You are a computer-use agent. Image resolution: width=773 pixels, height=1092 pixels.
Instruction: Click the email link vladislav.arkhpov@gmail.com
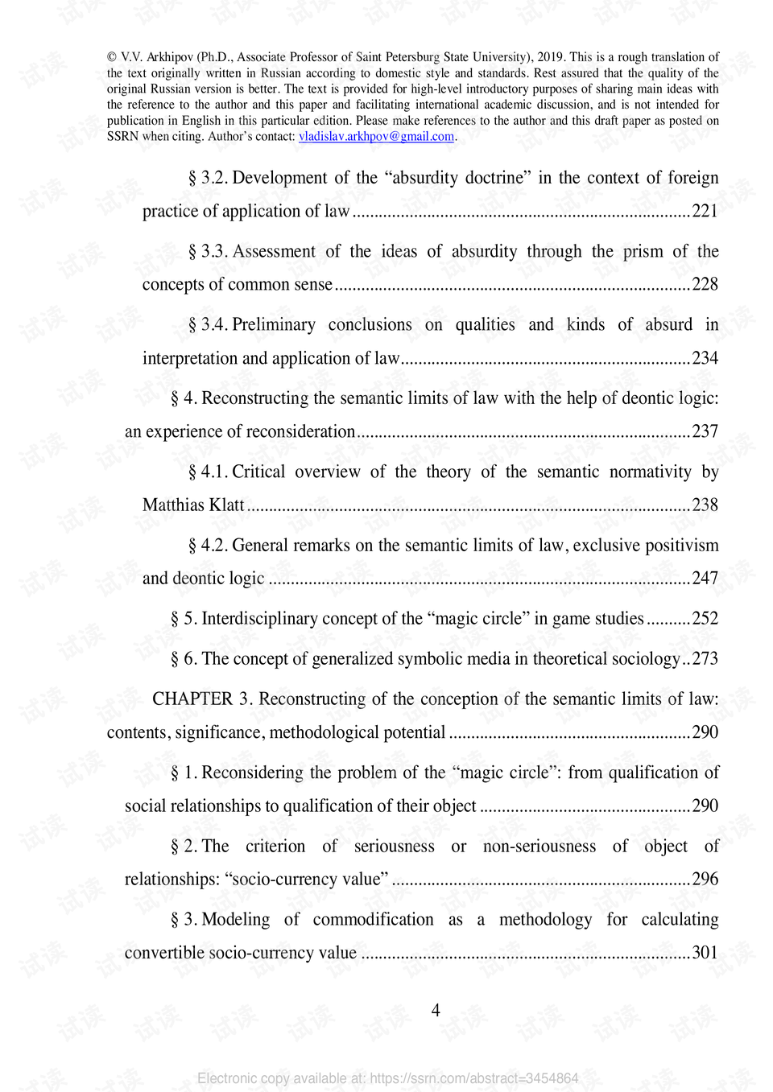pos(376,137)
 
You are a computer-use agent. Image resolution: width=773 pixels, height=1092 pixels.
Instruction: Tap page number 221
pos(705,211)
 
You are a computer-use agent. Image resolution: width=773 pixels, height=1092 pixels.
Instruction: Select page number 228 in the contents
pos(705,284)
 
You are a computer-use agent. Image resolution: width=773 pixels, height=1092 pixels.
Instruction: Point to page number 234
pos(705,358)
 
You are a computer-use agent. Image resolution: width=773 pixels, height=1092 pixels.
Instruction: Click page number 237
pos(705,431)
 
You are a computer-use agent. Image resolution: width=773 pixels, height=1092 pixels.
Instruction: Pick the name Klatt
pos(226,505)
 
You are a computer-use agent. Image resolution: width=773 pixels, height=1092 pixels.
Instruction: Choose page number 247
pos(705,578)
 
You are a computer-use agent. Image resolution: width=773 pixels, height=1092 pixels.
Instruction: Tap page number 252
pos(705,618)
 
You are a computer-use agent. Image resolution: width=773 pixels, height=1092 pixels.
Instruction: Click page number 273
pos(705,658)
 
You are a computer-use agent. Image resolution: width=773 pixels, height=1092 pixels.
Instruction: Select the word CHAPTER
pos(192,698)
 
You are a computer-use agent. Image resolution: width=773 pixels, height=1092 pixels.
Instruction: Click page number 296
pos(705,879)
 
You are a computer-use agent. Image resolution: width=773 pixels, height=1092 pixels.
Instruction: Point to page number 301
pos(705,953)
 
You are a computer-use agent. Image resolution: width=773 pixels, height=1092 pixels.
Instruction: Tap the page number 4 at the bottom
pos(436,1010)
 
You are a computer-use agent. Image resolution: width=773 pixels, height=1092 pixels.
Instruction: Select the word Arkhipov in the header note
pos(169,57)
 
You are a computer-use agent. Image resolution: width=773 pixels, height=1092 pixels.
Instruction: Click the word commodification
pos(373,919)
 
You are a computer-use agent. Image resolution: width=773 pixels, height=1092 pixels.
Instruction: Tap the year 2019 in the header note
pos(550,57)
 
